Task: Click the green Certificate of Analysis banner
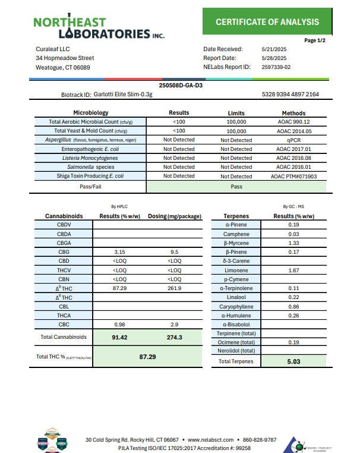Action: click(267, 22)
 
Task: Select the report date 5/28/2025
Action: click(274, 58)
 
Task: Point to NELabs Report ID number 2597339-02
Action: click(276, 67)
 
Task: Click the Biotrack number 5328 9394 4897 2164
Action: click(290, 95)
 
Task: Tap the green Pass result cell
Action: click(236, 186)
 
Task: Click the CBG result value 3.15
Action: click(120, 251)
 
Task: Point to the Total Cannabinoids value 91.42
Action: click(120, 337)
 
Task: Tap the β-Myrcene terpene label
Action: click(236, 243)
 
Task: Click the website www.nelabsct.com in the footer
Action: click(210, 440)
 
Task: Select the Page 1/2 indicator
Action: click(314, 40)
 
